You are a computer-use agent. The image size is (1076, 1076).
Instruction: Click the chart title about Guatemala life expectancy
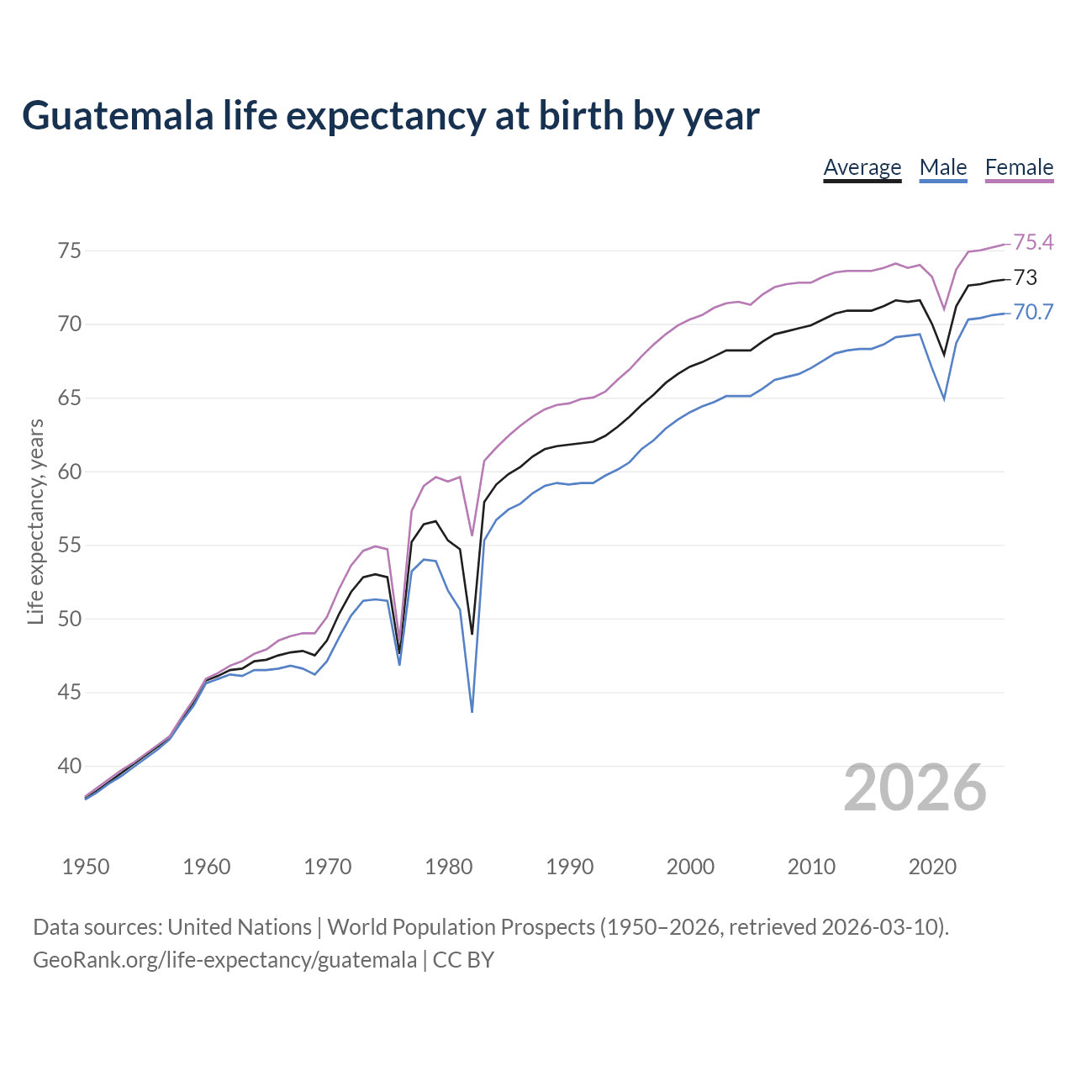(390, 116)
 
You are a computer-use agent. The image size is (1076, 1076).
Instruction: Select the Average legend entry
(862, 167)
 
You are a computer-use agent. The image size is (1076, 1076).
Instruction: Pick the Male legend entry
(942, 167)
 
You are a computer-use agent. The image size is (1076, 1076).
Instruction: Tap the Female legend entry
(1019, 167)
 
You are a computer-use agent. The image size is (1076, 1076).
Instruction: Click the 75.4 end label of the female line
(1033, 242)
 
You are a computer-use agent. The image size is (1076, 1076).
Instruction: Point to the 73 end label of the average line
(1025, 277)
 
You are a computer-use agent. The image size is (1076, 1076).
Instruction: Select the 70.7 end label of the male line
(1033, 312)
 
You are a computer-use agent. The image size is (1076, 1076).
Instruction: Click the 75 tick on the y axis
(69, 251)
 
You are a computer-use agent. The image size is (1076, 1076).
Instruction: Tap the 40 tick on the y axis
(69, 766)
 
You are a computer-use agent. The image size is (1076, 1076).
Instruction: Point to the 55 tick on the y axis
(69, 545)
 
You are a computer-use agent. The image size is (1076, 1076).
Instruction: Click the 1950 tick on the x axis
(86, 867)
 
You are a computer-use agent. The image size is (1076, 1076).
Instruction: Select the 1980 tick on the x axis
(448, 867)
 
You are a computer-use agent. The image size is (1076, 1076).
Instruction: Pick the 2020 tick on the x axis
(932, 867)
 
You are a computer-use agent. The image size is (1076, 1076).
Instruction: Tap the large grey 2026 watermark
(915, 788)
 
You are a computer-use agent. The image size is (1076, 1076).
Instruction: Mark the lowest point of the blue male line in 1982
(472, 712)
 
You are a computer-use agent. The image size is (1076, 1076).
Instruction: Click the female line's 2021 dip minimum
(944, 309)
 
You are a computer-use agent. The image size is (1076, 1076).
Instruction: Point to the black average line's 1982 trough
(472, 633)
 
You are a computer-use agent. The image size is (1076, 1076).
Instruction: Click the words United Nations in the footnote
(240, 926)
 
